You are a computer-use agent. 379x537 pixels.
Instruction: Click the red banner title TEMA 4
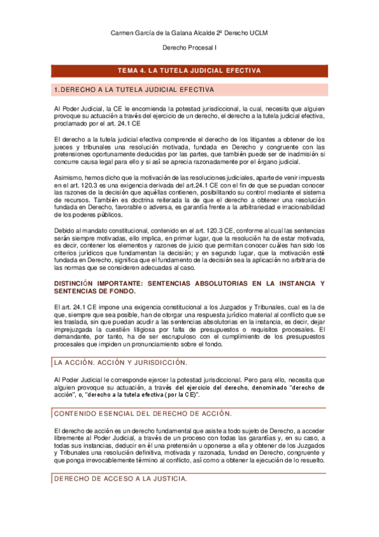[x=189, y=70]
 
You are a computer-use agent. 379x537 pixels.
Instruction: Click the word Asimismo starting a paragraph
[x=68, y=179]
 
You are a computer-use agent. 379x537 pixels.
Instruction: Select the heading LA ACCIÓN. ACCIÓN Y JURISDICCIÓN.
[x=120, y=362]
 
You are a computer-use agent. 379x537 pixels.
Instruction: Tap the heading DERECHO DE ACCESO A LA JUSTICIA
[x=120, y=479]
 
